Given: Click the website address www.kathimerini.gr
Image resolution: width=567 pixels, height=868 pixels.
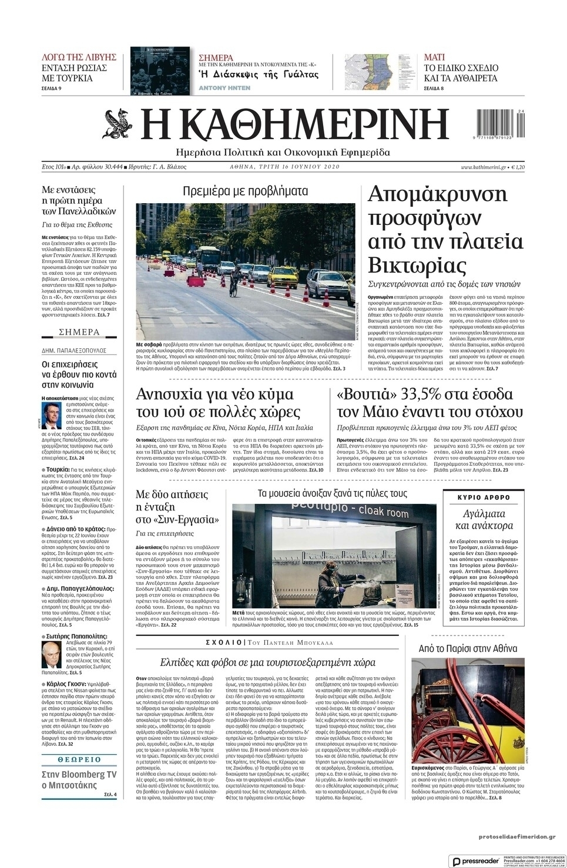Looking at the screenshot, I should (483, 167).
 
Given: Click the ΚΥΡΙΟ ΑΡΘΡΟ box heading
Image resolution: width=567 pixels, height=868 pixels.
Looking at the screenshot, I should (484, 497).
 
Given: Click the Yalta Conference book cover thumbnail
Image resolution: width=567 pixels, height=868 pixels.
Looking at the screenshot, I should (160, 71).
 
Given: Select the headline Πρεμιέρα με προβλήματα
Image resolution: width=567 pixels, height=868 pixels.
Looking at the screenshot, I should (246, 191).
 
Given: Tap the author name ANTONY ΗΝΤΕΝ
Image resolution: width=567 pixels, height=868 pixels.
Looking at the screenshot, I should (224, 88).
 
